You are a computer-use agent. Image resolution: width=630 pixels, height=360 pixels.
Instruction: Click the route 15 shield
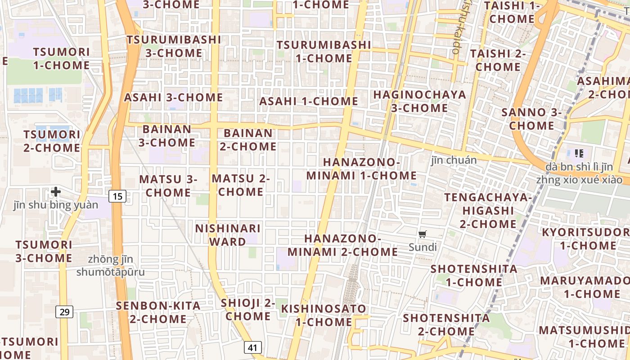pos(117,196)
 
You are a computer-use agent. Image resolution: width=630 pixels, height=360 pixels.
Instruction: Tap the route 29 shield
pos(65,311)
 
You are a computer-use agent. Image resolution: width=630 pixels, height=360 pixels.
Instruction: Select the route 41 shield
pos(253,347)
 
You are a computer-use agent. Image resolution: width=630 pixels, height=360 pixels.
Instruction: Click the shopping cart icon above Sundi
pos(422,234)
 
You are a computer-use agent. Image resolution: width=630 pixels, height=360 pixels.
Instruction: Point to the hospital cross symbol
pos(56,192)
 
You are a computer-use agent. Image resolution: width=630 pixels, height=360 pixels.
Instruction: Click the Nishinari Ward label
pos(228,235)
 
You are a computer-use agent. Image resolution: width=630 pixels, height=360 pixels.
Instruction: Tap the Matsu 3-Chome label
pos(168,186)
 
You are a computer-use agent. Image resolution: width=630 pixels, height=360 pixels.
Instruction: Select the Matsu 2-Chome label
pos(241,185)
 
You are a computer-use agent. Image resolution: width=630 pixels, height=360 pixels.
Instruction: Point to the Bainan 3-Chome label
pos(167,136)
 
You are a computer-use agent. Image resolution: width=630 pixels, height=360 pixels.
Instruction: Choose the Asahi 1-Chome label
pos(309,101)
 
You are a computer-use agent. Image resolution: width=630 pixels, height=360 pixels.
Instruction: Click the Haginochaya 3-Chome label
pos(419,101)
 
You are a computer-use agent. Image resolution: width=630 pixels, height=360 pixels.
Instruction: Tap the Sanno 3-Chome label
pos(531,119)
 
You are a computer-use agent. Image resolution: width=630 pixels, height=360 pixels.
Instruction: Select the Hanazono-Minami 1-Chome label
pos(361,169)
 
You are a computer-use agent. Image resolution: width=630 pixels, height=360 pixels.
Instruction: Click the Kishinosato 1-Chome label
pos(324,315)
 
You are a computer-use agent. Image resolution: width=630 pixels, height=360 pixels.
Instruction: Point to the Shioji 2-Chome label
pos(248,310)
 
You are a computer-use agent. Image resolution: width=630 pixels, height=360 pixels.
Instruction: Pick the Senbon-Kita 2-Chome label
pos(158,312)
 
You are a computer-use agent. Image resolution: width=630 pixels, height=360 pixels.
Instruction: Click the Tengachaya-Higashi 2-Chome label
pos(488,211)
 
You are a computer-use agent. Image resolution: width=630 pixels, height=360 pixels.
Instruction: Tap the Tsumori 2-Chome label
pos(52,141)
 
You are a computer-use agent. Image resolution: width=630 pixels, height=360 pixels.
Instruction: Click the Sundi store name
pos(423,247)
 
